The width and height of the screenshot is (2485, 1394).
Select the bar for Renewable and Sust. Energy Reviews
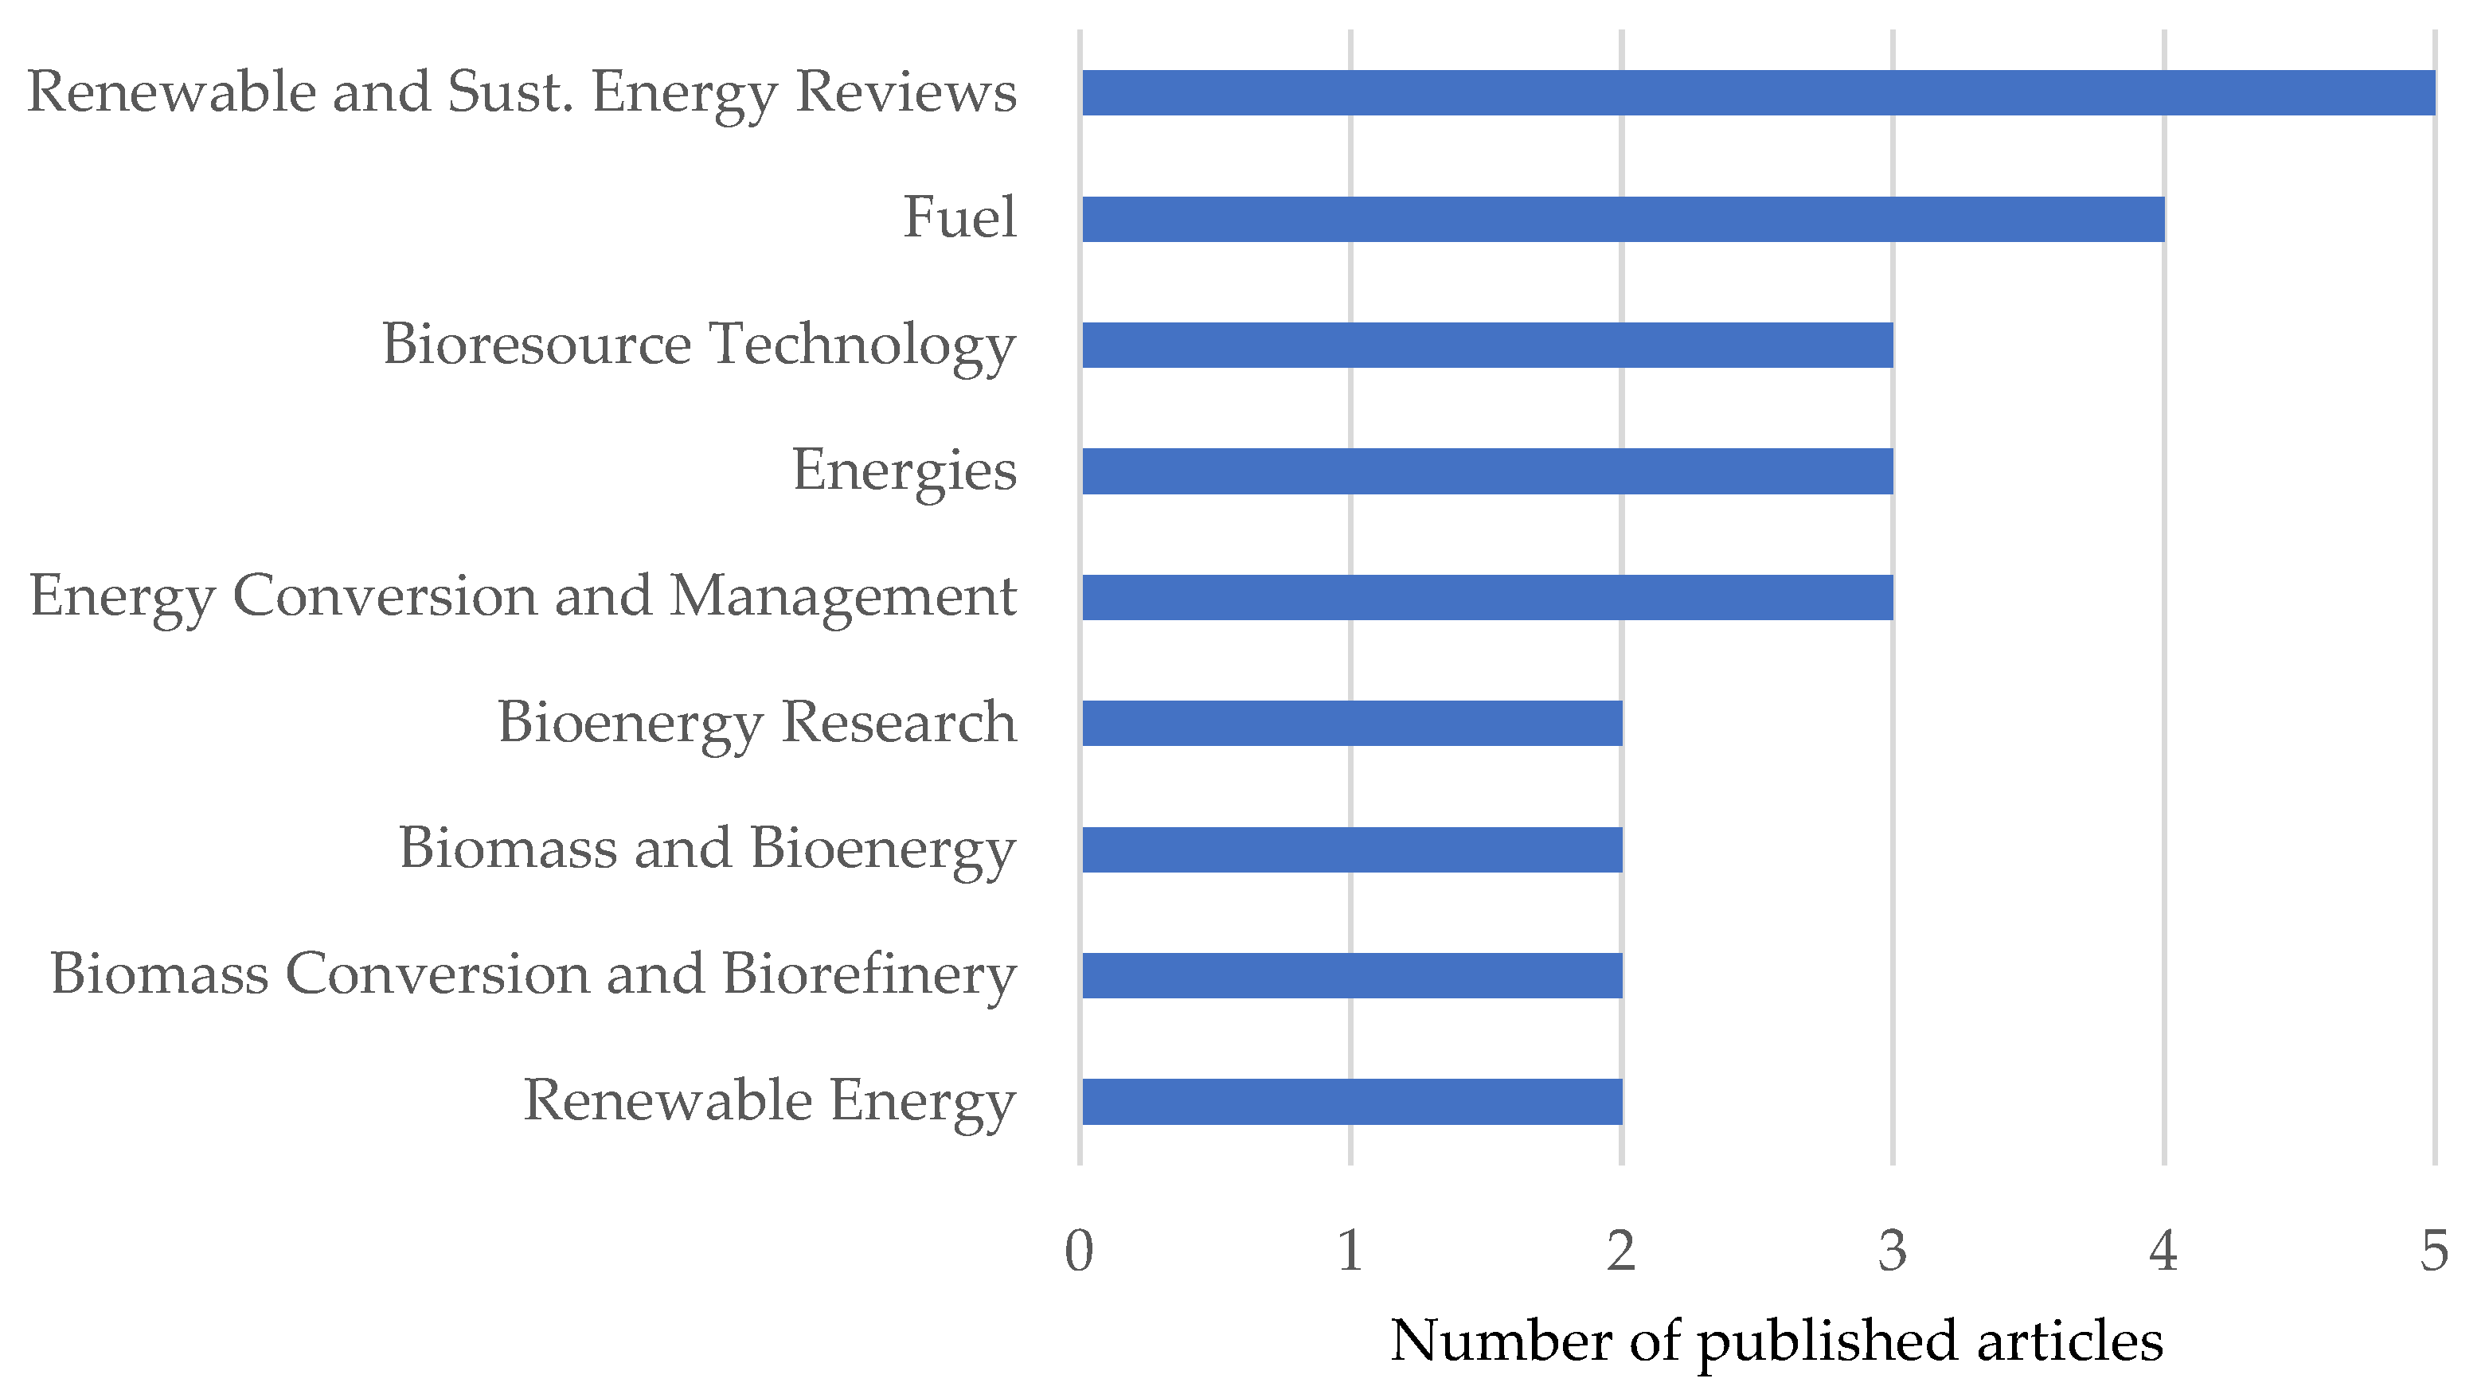tap(1757, 92)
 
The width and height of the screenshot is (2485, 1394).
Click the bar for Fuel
tap(1623, 219)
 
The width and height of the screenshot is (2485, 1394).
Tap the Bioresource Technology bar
tap(1487, 345)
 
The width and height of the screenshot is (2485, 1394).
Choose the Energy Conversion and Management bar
tap(1487, 597)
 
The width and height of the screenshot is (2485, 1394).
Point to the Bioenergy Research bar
tap(1351, 723)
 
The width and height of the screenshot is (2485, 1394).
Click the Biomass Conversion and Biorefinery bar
tap(1351, 975)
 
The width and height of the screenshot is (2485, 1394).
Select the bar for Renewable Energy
tap(1351, 1101)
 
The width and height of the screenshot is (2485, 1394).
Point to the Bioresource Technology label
tap(698, 345)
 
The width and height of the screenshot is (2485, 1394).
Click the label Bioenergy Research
tap(756, 723)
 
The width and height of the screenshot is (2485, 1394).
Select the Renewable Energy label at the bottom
tap(769, 1101)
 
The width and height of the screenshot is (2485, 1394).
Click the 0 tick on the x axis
tap(1079, 1251)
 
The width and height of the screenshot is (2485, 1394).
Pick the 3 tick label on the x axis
tap(1893, 1251)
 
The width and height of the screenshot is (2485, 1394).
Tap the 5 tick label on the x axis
tap(2434, 1251)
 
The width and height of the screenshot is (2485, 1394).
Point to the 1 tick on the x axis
tap(1350, 1251)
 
